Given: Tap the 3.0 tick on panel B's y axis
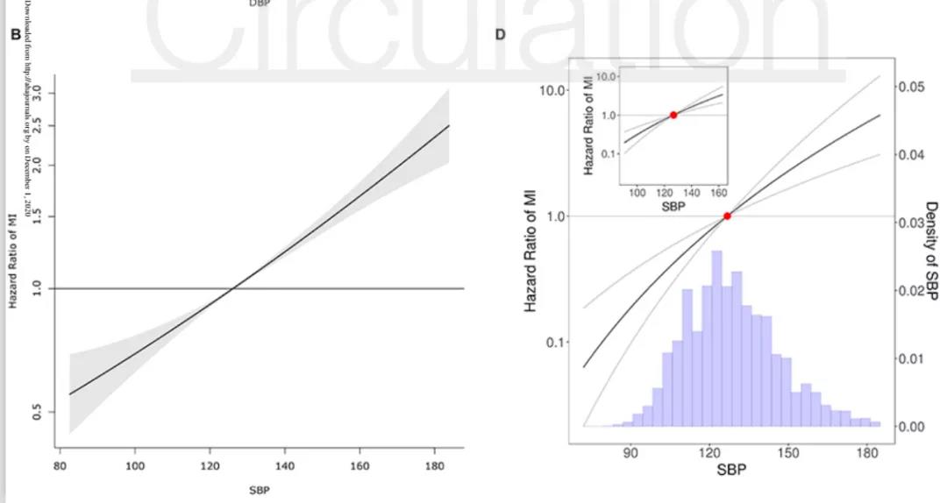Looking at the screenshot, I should pos(38,92).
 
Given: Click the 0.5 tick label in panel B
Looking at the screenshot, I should pos(38,411).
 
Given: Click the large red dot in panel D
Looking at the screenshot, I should pos(727,216).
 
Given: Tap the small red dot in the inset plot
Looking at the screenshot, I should pos(673,115).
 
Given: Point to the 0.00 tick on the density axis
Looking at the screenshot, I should pos(912,427).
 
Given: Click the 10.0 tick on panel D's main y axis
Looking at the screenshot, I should pos(552,90).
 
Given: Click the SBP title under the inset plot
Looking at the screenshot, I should pos(675,207).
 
